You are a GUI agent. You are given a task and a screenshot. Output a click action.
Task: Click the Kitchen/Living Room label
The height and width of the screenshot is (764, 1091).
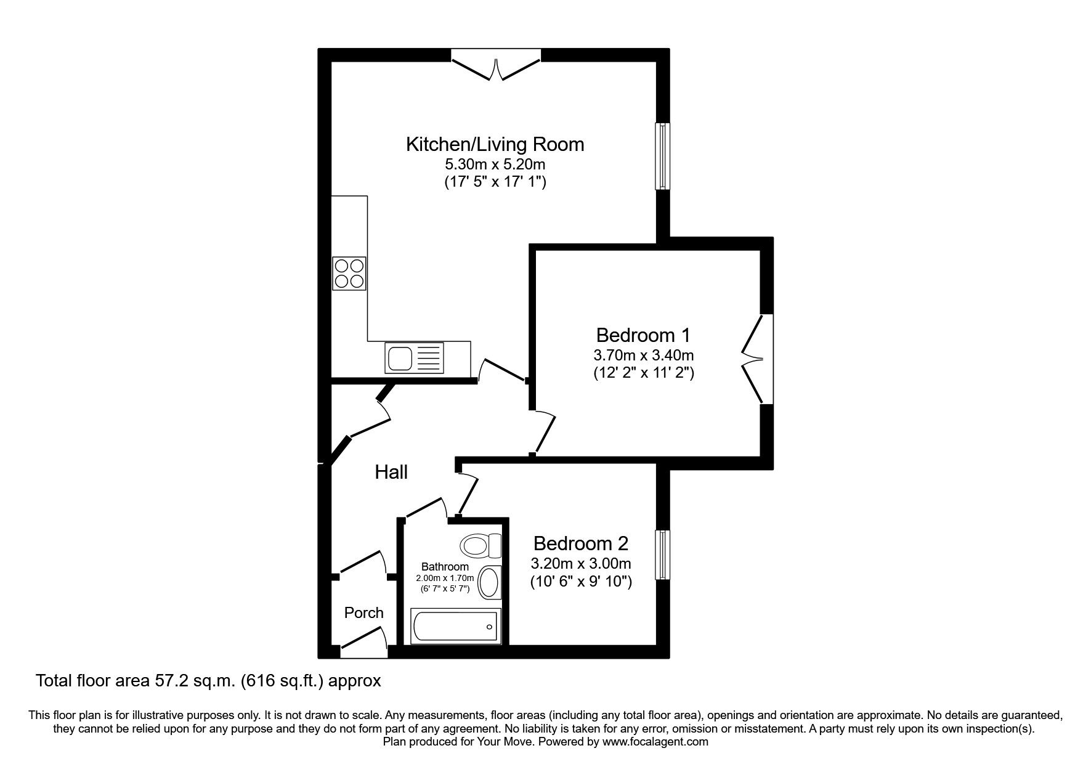coord(495,144)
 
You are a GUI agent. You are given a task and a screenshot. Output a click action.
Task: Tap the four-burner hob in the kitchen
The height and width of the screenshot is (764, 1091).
coord(349,274)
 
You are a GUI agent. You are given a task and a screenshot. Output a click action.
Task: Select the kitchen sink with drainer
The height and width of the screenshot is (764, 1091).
coord(414,357)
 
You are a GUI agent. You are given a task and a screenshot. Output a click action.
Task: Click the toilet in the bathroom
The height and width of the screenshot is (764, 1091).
coord(481,545)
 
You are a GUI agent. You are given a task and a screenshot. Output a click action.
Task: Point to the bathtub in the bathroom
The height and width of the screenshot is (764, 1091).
coord(455,626)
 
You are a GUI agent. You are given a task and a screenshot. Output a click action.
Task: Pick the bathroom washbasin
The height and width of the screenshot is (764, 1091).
coord(489,582)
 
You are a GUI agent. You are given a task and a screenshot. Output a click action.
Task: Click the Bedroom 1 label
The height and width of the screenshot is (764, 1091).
coord(643,335)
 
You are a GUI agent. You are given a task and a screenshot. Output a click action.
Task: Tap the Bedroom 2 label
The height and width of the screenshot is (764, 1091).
coord(580,543)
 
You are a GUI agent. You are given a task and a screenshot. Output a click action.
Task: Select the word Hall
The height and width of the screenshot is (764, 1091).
coord(391,473)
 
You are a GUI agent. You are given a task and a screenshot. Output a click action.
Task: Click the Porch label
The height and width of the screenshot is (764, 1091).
coord(363,612)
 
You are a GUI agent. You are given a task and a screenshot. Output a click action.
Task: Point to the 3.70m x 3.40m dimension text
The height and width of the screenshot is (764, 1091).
coord(643,356)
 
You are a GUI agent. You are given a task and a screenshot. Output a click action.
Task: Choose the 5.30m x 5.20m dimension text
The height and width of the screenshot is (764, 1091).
coord(495,165)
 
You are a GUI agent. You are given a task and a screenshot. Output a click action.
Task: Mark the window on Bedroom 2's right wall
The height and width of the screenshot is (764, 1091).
coord(662,555)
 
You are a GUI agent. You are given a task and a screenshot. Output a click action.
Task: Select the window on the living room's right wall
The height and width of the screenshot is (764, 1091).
coord(662,156)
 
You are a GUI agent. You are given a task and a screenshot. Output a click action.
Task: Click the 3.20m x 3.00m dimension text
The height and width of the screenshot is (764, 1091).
coord(580,564)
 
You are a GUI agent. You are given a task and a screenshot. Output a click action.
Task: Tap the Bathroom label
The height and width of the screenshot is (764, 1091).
coord(445,566)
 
